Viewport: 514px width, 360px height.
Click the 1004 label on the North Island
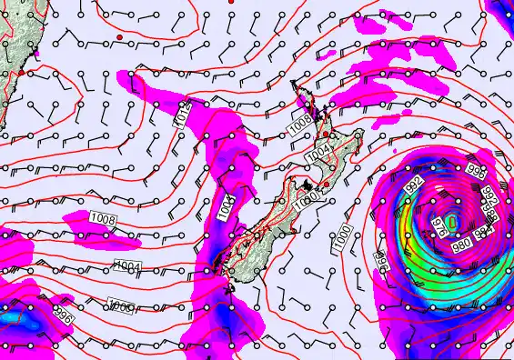pos(317,156)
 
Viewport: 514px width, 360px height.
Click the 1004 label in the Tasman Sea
pos(129,265)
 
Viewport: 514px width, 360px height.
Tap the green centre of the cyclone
pos(453,221)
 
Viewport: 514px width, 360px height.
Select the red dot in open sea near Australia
pos(119,37)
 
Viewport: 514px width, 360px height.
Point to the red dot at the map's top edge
pos(231,3)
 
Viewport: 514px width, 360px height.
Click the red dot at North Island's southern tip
pos(327,184)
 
